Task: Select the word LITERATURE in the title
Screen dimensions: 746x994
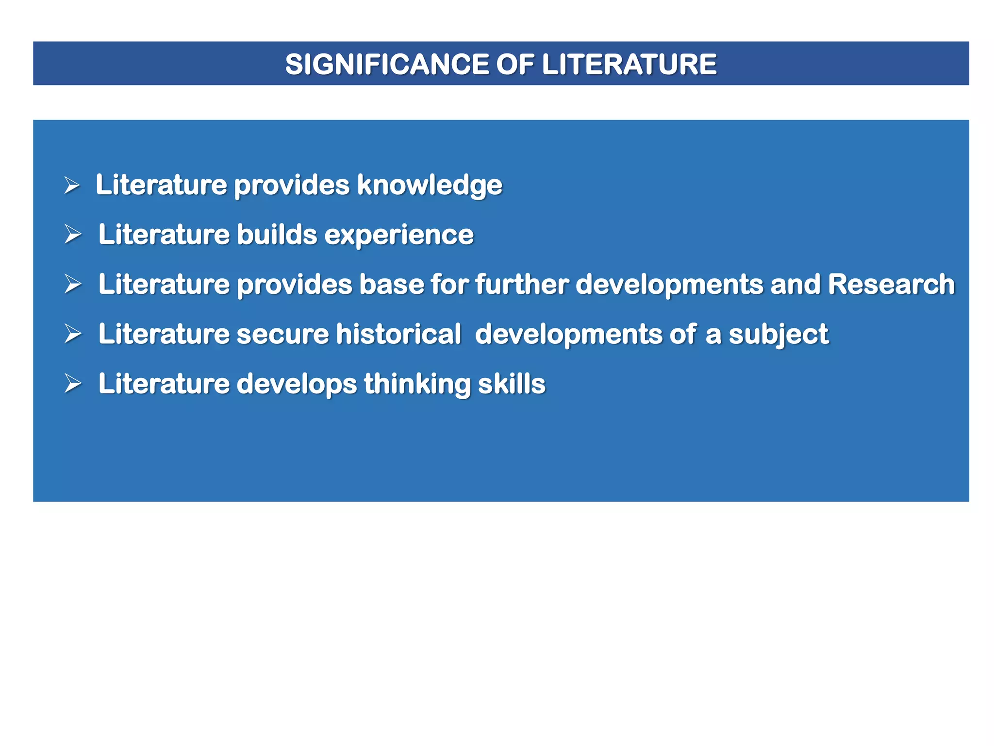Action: click(629, 64)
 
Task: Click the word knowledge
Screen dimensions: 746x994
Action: click(430, 185)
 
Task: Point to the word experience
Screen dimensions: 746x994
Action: click(398, 235)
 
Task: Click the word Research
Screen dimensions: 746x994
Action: click(891, 285)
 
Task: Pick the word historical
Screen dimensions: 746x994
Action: click(398, 334)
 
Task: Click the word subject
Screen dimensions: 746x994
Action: click(779, 335)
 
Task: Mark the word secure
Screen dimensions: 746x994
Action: click(282, 334)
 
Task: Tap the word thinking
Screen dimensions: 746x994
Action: click(417, 384)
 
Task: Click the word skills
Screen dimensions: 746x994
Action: click(512, 384)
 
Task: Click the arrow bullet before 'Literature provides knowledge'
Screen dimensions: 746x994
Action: click(72, 186)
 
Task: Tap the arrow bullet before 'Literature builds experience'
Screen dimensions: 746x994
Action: click(73, 235)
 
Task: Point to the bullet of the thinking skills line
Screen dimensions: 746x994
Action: click(73, 384)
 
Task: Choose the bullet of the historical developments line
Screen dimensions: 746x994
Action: click(73, 334)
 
